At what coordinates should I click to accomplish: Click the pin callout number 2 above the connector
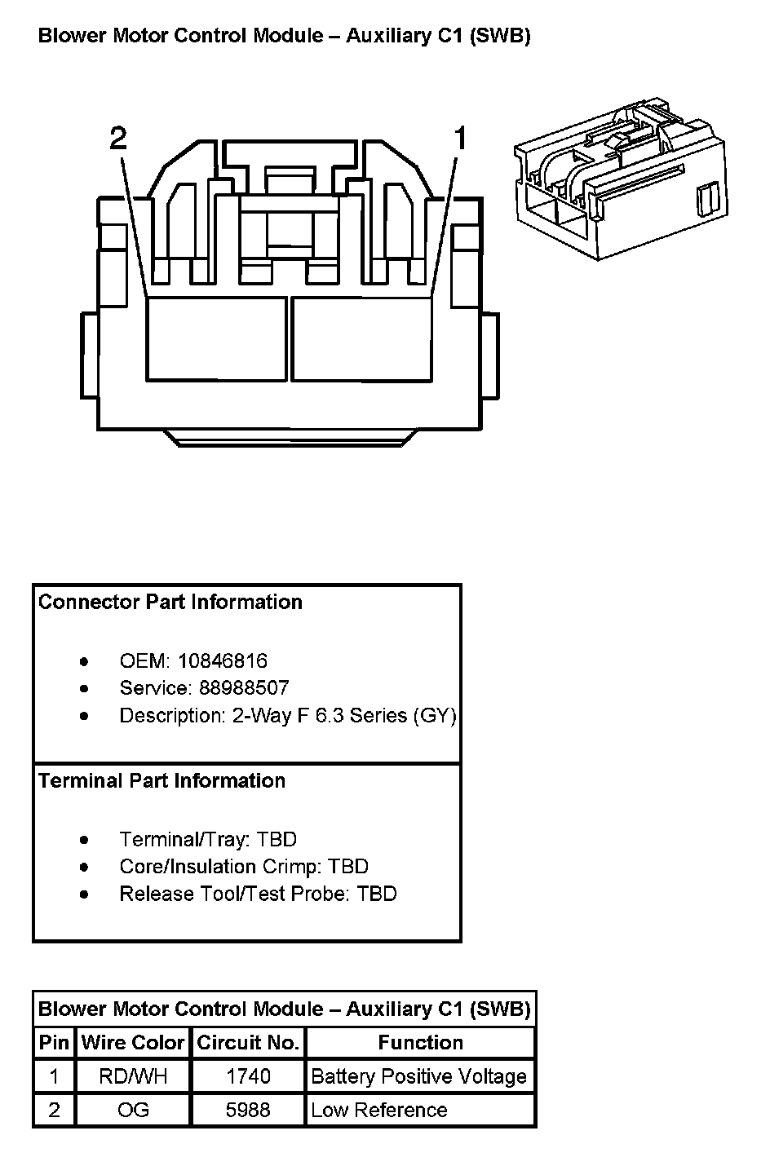click(118, 139)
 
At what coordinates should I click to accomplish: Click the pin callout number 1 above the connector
click(460, 139)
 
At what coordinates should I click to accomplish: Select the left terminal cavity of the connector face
click(217, 338)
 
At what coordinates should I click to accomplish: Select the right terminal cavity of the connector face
click(361, 338)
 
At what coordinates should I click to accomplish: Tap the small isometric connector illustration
click(619, 180)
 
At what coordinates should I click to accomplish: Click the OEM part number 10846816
click(223, 660)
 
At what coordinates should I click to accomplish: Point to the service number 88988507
click(244, 687)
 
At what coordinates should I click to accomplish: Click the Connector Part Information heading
click(170, 602)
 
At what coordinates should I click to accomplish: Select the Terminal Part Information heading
click(162, 780)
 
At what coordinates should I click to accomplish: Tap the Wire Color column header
click(133, 1042)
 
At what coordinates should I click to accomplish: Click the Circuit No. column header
click(248, 1042)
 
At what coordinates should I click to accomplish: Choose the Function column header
click(420, 1042)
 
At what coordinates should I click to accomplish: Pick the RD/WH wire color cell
click(133, 1076)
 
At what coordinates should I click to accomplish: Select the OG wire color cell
click(133, 1110)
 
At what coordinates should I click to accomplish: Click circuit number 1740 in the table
click(248, 1076)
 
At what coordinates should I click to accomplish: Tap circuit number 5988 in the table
click(248, 1110)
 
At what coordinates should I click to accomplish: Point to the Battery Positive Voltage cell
click(418, 1076)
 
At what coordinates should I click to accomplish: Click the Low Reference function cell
click(379, 1110)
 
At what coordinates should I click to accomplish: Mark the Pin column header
click(54, 1042)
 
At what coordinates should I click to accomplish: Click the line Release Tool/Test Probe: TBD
click(258, 894)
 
